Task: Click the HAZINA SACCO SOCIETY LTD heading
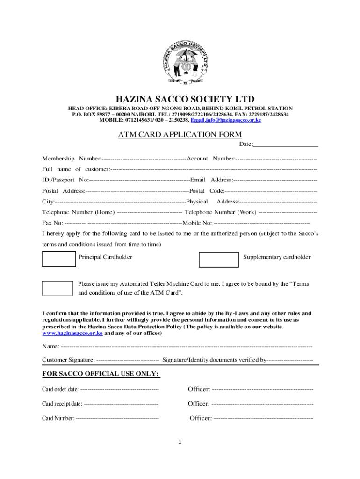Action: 180,99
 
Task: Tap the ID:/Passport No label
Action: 65,180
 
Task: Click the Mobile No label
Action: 197,223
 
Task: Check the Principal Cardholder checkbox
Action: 59,259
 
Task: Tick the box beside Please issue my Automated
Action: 58,288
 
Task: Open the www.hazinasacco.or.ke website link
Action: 72,334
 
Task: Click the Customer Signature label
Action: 68,360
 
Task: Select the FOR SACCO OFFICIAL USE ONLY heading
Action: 101,374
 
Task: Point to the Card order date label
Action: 60,389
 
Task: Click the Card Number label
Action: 58,418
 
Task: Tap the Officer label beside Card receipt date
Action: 199,404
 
